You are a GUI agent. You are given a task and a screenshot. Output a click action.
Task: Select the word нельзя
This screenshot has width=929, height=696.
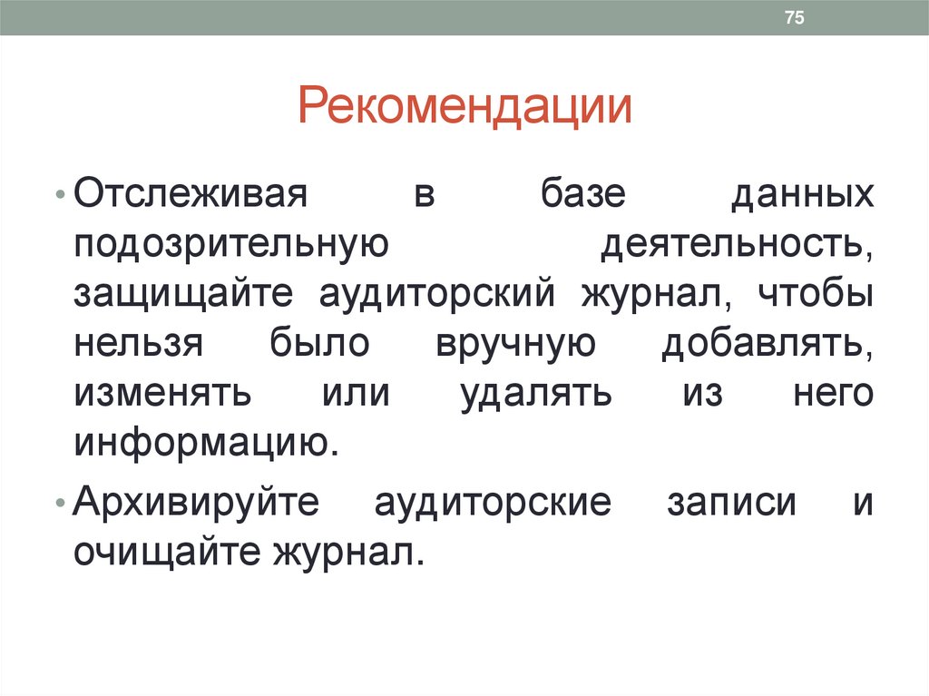[x=138, y=345]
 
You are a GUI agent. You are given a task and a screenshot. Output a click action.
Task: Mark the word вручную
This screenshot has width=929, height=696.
[x=514, y=345]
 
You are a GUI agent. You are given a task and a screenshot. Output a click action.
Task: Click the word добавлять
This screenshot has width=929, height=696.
[x=768, y=345]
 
